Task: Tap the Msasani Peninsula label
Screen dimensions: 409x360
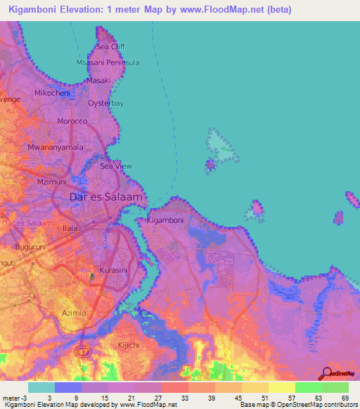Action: (x=108, y=63)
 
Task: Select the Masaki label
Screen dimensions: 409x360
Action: (x=98, y=81)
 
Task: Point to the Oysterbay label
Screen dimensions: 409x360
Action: (x=105, y=103)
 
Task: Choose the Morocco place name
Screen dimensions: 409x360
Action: (x=72, y=122)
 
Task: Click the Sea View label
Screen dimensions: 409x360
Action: (x=116, y=166)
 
